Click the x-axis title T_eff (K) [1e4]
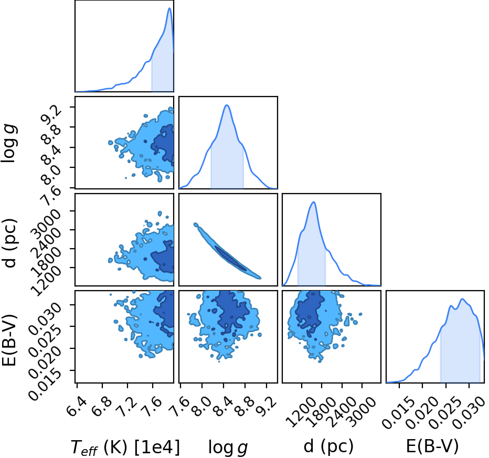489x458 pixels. coord(125,448)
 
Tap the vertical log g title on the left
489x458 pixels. coord(9,143)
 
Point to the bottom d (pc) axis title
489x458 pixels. coord(328,446)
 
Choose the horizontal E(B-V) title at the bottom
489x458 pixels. coord(432,446)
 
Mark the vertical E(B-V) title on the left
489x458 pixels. coord(9,340)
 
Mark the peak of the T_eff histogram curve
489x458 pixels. coord(169,8)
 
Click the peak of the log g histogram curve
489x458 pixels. coord(227,105)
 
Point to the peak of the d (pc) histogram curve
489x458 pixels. coord(313,202)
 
